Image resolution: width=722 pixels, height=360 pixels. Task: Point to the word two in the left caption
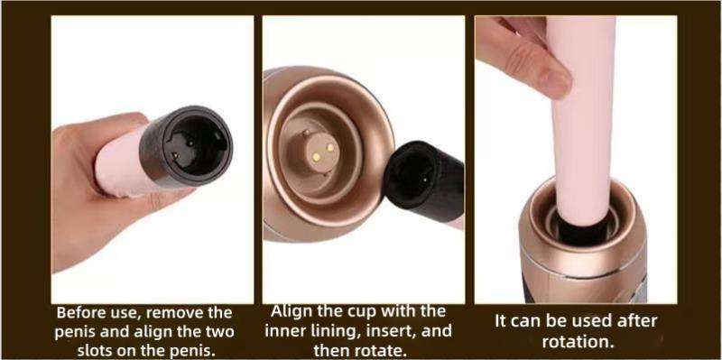coord(219,332)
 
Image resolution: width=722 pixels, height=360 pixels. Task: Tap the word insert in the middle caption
coord(399,331)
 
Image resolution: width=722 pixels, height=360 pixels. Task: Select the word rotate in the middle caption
coord(381,351)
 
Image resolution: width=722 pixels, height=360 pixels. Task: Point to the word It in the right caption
coord(502,321)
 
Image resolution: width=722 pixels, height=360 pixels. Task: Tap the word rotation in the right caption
coord(578,342)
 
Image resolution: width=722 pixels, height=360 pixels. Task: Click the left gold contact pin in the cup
coord(317,156)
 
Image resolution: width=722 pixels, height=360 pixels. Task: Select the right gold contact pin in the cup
coord(329,148)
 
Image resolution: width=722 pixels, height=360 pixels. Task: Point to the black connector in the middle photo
coord(424,181)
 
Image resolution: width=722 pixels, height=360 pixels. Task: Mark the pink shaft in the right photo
coord(582,120)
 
